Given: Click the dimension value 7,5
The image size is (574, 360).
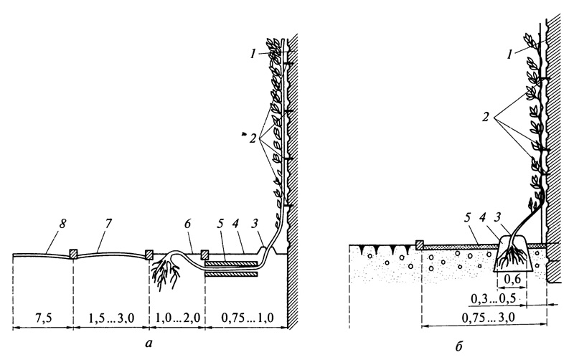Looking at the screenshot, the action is (x=42, y=318).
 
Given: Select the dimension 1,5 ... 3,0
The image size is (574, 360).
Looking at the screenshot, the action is (x=111, y=318).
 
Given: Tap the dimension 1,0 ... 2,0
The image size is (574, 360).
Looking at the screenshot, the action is (x=177, y=318).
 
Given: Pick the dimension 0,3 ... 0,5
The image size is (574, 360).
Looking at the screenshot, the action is (x=493, y=298).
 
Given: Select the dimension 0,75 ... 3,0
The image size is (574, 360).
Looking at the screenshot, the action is (x=489, y=318).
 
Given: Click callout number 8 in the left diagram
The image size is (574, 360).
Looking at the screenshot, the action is (x=62, y=224).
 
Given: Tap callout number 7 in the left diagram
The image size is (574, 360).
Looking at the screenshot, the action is (x=110, y=223).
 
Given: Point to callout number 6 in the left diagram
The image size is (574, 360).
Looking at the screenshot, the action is (x=187, y=224).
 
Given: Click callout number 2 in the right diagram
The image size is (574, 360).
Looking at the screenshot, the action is (x=486, y=117).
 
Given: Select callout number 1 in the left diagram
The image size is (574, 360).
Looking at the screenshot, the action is (x=253, y=55).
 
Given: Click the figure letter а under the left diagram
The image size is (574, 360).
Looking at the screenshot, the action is (x=148, y=344).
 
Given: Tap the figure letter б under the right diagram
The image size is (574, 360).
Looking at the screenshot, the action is (x=459, y=346).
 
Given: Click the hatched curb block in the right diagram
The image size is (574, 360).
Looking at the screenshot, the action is (x=419, y=245).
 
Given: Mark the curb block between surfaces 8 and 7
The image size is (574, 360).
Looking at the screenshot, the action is (x=73, y=254).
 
